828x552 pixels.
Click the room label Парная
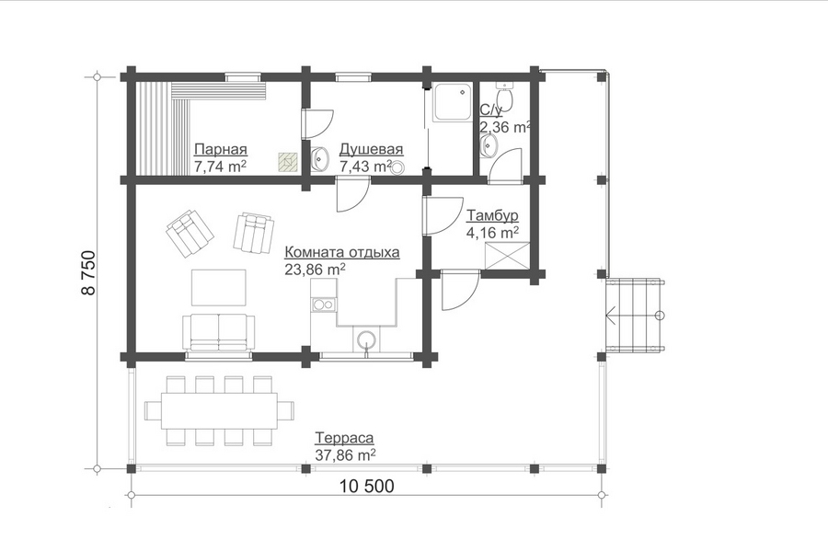(x=221, y=149)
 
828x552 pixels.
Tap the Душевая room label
(x=372, y=149)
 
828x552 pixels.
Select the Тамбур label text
(x=493, y=215)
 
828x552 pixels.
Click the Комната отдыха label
(x=342, y=252)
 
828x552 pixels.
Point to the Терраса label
(x=344, y=438)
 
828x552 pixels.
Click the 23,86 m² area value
(x=316, y=269)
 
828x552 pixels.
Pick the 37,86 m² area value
(x=345, y=454)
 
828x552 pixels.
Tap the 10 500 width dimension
(x=367, y=486)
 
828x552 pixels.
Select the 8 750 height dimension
(x=88, y=272)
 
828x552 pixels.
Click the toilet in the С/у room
(x=505, y=95)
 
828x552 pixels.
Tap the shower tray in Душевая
(x=452, y=102)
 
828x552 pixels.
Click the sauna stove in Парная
(x=288, y=162)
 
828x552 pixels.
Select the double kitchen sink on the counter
(x=323, y=305)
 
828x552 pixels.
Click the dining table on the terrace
(x=219, y=410)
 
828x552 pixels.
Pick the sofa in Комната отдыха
(x=219, y=332)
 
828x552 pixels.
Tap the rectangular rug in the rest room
(x=219, y=287)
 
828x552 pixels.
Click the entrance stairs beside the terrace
(x=635, y=316)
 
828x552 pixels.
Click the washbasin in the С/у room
(x=489, y=144)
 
